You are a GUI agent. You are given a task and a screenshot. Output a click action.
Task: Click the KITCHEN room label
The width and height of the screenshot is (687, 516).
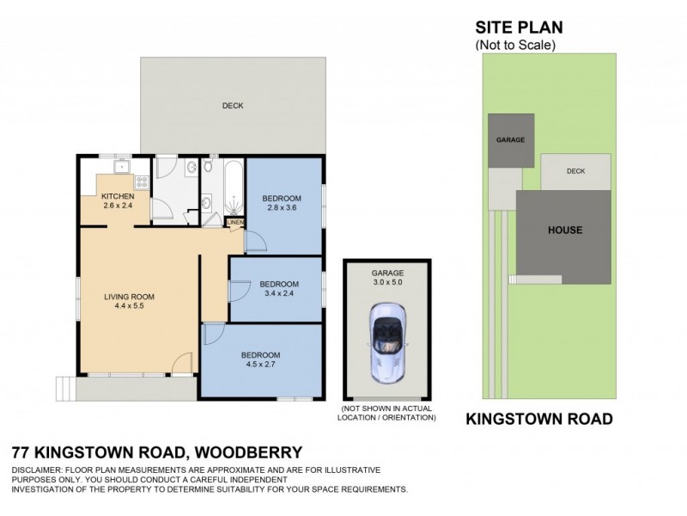pos(119,196)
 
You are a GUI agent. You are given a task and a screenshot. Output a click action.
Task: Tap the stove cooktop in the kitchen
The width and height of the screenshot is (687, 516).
pos(141,181)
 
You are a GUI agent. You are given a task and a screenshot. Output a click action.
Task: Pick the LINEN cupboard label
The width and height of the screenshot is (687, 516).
pos(234,223)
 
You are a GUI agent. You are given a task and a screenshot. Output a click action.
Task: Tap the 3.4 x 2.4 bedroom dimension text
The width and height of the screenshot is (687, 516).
pos(279,293)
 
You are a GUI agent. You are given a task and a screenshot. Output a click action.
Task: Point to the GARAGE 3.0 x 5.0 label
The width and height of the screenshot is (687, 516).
pos(387,276)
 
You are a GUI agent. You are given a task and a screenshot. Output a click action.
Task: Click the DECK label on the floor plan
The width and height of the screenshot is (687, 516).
pos(233,106)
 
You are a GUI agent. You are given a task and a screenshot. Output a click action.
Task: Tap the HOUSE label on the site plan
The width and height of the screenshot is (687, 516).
pos(566,230)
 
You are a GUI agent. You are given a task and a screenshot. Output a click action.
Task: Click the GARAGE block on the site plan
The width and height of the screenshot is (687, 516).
pos(510,139)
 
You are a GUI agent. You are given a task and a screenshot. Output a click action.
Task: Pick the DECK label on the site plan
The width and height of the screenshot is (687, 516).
pos(575,171)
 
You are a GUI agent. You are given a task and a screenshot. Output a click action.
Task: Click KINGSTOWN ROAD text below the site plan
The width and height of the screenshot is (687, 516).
pos(538,420)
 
